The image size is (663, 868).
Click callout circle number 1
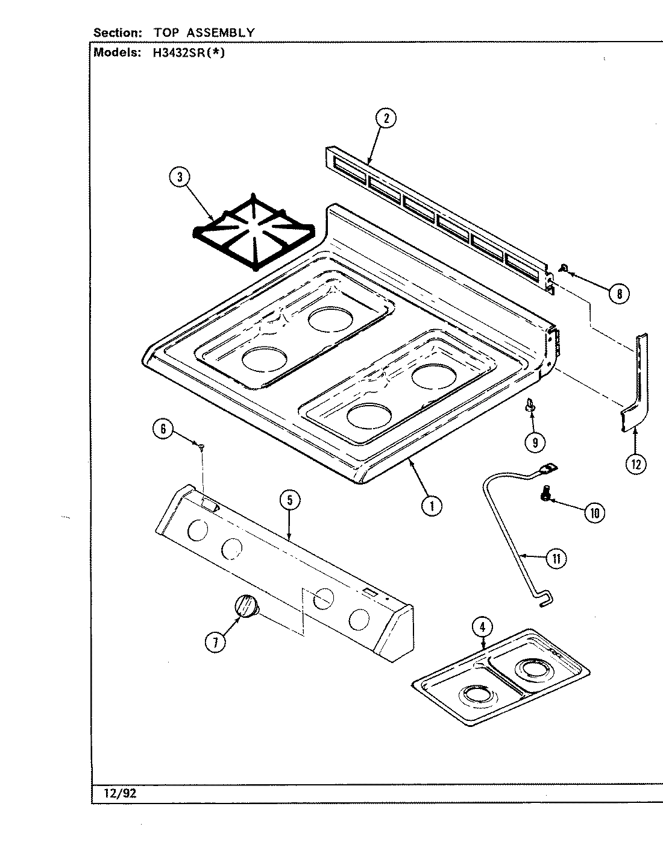[431, 506]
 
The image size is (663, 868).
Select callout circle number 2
[386, 118]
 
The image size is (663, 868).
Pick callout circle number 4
[482, 627]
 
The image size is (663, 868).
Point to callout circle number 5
[290, 501]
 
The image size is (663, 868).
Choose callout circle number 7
[215, 643]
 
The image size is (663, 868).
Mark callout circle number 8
[618, 294]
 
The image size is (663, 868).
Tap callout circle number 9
[535, 442]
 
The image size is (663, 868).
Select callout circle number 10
[594, 513]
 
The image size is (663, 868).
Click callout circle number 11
[556, 559]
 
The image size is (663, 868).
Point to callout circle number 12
[636, 464]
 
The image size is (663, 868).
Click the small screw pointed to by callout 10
[545, 495]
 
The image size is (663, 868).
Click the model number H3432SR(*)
[184, 52]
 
